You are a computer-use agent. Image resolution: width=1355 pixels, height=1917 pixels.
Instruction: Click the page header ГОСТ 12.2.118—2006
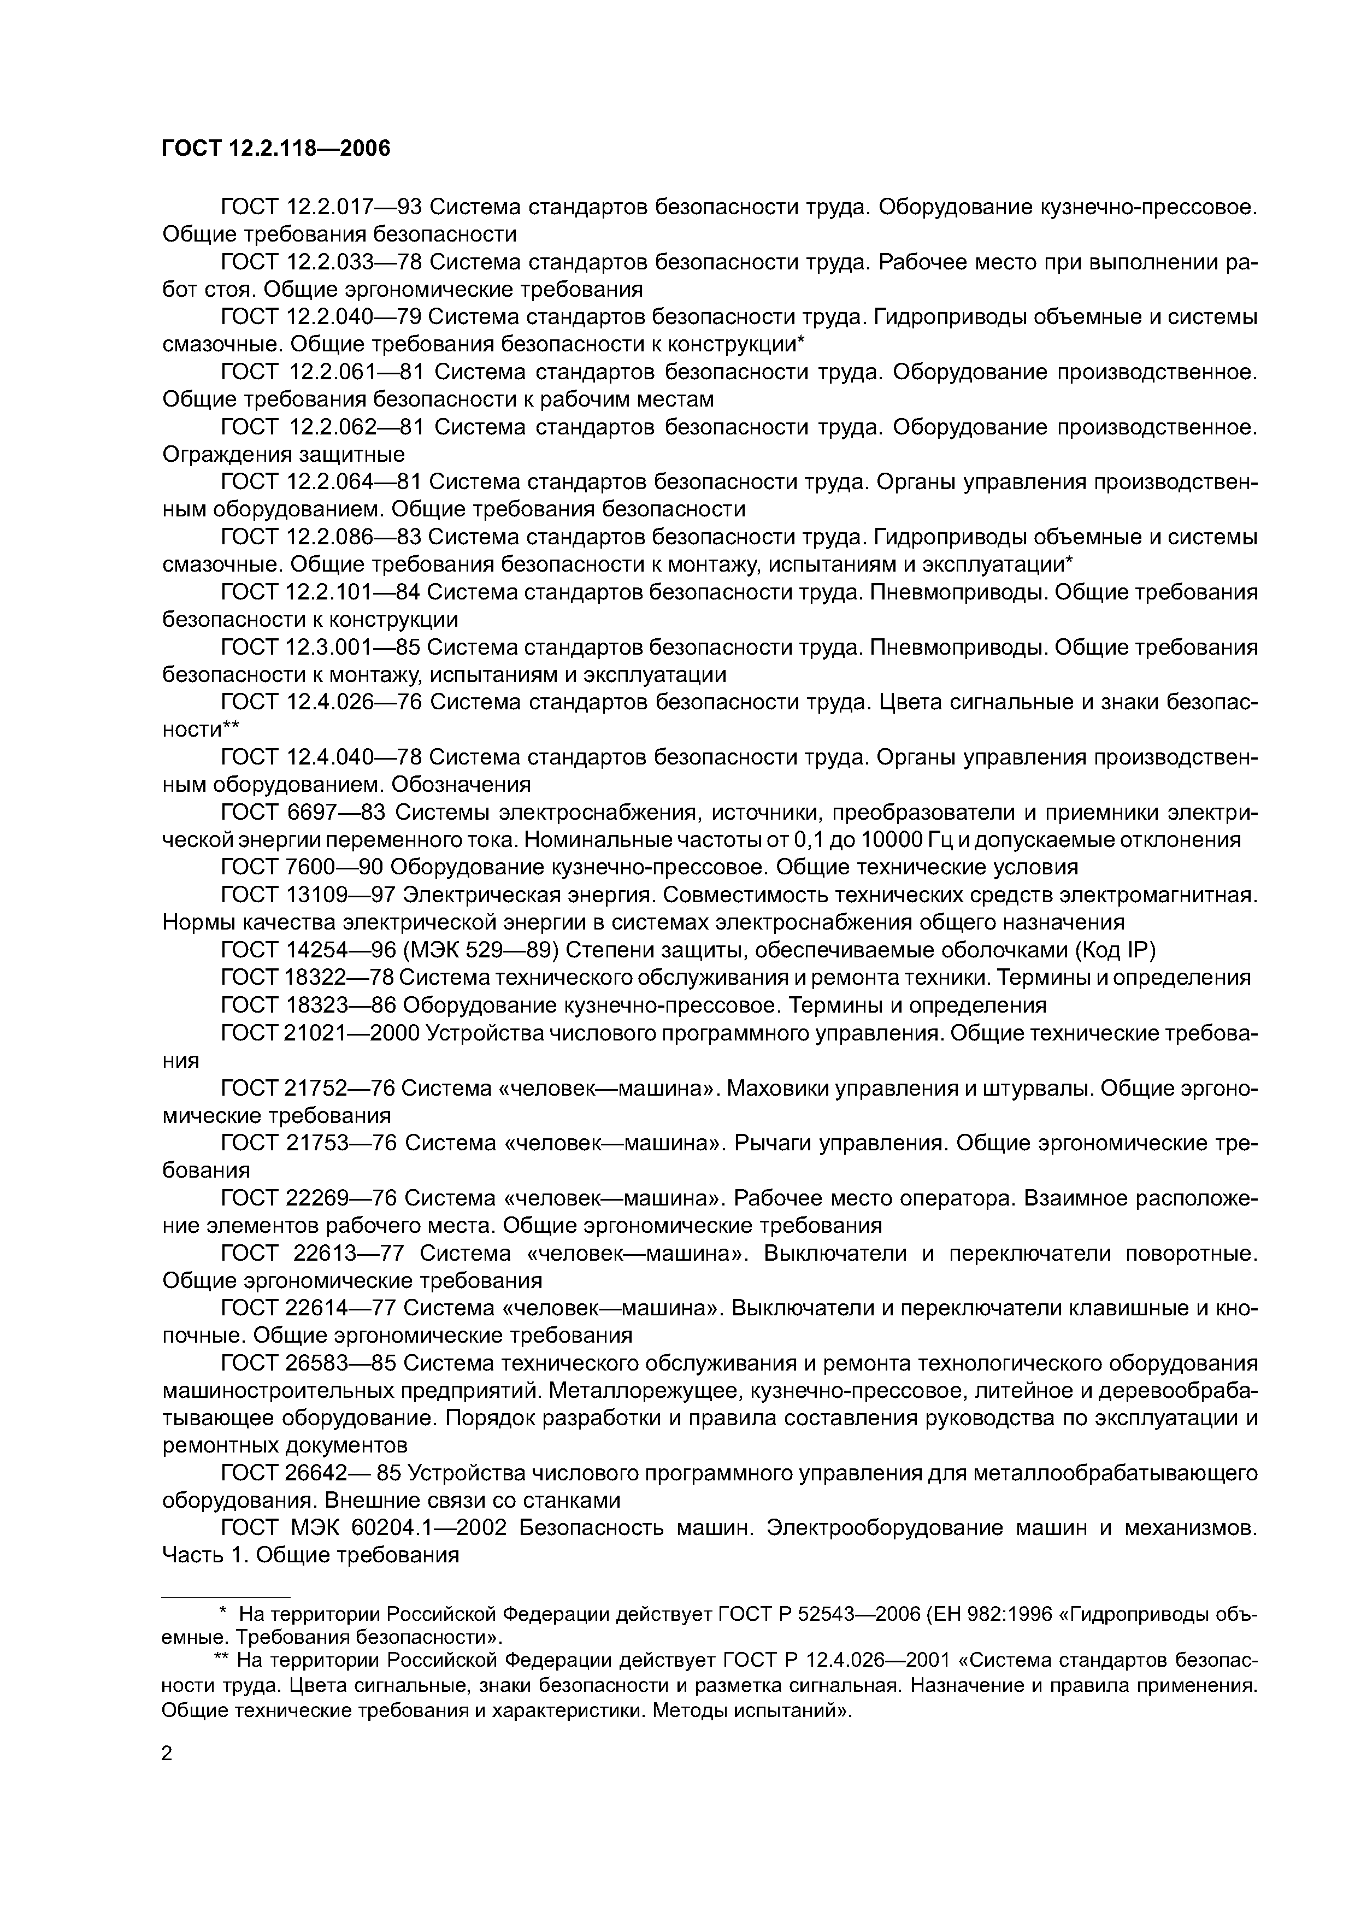point(275,149)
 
